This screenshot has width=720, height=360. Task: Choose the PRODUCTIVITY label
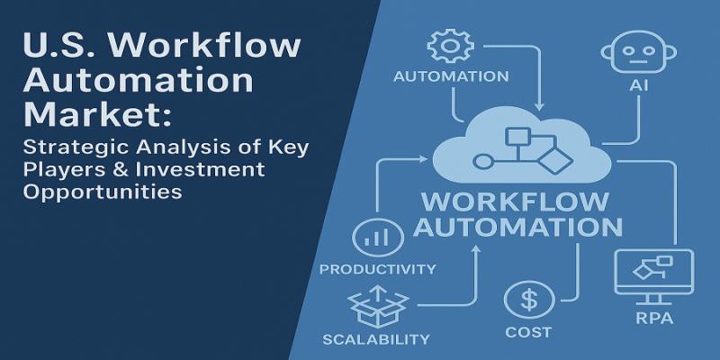click(378, 268)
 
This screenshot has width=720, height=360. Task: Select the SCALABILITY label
click(376, 339)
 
